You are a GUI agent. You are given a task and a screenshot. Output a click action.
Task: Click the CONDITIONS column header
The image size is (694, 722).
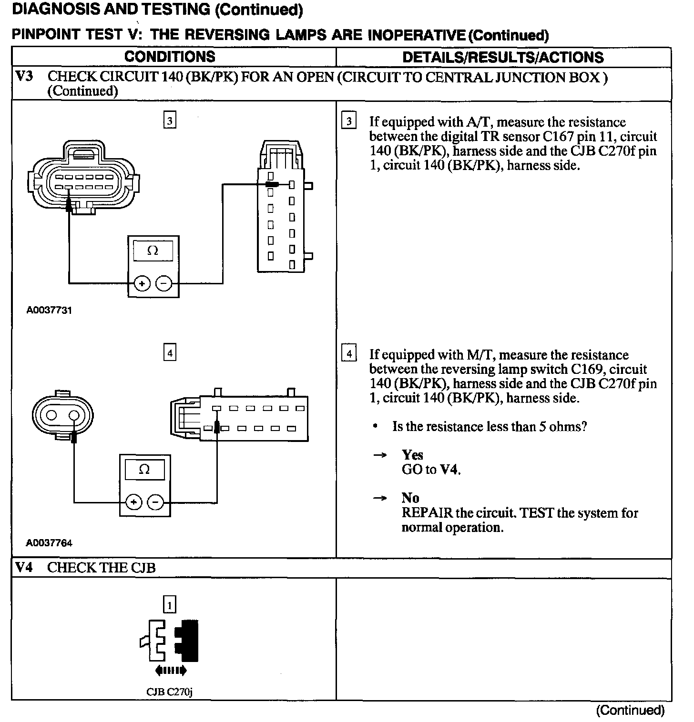(x=170, y=57)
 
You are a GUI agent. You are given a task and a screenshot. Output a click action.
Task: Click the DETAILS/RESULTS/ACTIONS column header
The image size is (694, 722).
(x=503, y=58)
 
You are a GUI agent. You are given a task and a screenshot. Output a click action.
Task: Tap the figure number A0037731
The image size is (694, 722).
(x=49, y=311)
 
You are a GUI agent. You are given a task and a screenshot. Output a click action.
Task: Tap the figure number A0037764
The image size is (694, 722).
(x=49, y=543)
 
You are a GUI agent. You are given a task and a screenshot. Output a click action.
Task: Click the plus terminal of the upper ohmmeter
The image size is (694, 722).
(x=142, y=284)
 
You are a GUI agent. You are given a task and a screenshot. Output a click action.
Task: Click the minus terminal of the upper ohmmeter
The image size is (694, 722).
(x=163, y=284)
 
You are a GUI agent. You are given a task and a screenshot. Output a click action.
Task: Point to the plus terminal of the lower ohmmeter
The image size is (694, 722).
(x=133, y=502)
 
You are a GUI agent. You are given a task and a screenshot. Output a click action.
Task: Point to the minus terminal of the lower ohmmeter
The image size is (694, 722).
(x=155, y=502)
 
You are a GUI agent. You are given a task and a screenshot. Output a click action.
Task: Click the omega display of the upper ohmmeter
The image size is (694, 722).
(x=153, y=251)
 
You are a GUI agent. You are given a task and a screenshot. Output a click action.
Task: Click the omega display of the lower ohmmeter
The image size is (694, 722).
(x=144, y=470)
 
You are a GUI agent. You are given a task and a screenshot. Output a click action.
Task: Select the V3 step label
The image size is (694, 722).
(x=24, y=77)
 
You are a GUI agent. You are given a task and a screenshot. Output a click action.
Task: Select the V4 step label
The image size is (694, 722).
(x=24, y=568)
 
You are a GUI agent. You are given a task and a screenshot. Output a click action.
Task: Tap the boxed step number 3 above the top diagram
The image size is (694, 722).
(x=170, y=121)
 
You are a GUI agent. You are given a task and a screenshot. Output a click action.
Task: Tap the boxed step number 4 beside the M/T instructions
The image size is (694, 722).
(x=349, y=354)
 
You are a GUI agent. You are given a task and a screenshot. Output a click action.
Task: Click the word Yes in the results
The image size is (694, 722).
(x=412, y=455)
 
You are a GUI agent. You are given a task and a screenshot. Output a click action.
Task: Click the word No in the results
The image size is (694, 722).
(x=410, y=498)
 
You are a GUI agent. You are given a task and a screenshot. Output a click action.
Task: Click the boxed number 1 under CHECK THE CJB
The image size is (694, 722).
(x=170, y=605)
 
